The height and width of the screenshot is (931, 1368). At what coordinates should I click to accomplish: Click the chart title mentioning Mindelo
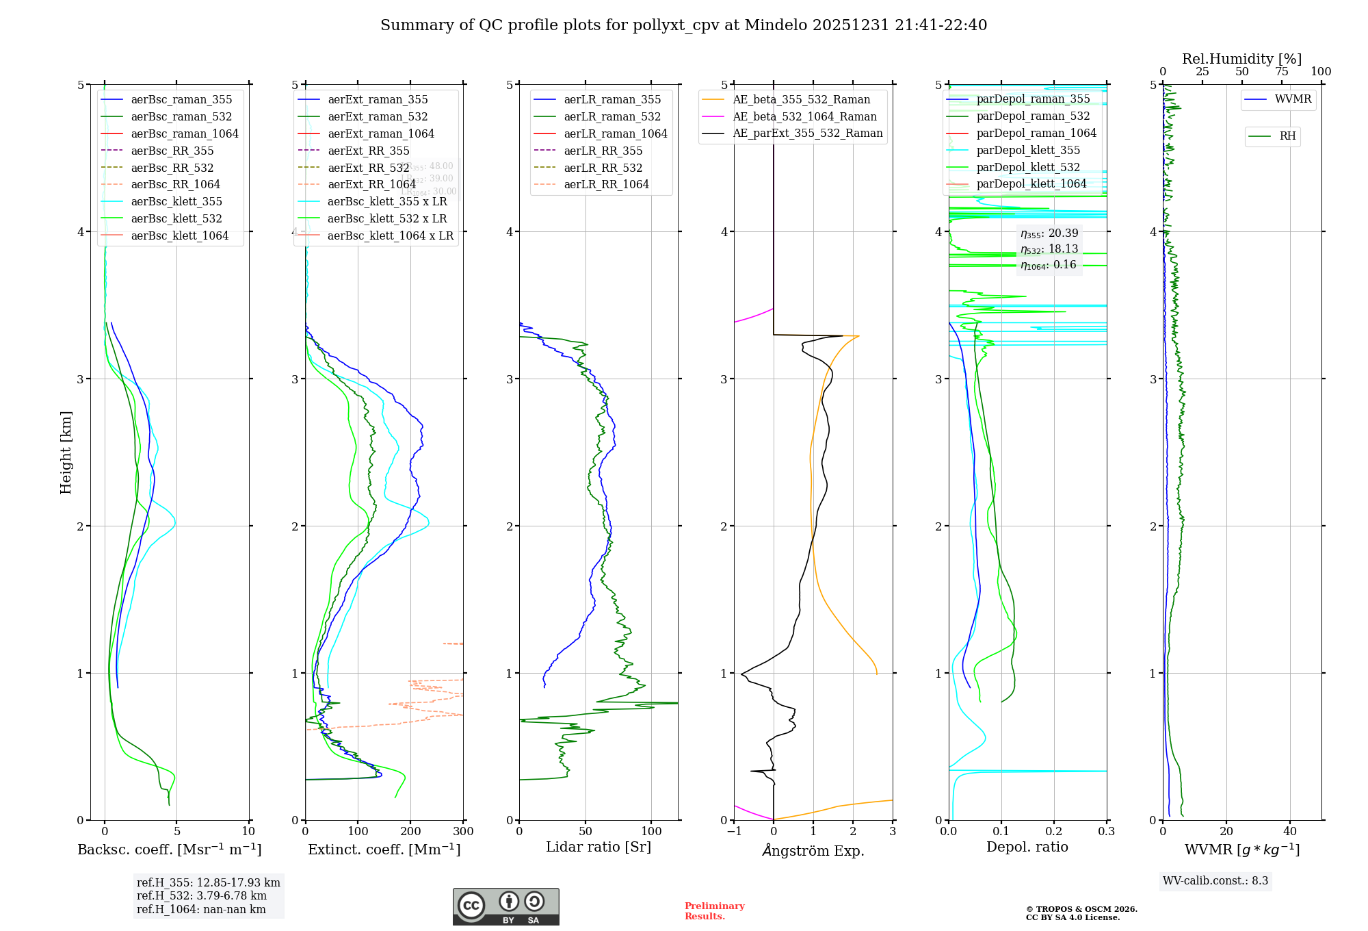[x=683, y=25]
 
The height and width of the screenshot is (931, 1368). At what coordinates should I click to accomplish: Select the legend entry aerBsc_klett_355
[x=176, y=201]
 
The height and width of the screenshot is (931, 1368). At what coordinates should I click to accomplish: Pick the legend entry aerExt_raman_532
[x=378, y=116]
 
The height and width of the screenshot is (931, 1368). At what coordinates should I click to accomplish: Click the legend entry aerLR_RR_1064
[x=606, y=184]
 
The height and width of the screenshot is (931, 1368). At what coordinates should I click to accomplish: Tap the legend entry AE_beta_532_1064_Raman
[x=804, y=116]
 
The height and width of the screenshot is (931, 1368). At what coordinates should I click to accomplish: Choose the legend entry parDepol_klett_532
[x=1028, y=167]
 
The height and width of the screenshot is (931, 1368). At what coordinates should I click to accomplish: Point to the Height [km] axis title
[x=66, y=452]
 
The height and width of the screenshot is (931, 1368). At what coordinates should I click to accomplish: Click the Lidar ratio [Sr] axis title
[x=598, y=847]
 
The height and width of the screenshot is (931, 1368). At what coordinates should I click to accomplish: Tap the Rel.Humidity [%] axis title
[x=1241, y=59]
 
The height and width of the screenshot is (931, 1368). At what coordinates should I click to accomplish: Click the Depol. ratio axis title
[x=1027, y=847]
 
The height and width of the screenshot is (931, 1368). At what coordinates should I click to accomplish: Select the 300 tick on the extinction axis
[x=463, y=832]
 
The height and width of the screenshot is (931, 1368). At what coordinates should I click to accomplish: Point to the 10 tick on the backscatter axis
[x=248, y=832]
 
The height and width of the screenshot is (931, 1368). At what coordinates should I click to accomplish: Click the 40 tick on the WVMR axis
[x=1290, y=832]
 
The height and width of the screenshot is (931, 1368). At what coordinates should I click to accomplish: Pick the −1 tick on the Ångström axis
[x=734, y=832]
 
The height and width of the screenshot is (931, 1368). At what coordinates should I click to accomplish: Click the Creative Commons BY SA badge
[x=505, y=907]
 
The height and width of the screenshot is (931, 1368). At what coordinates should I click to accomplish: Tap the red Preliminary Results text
[x=714, y=911]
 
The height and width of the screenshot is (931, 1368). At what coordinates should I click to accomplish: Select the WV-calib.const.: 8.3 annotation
[x=1215, y=881]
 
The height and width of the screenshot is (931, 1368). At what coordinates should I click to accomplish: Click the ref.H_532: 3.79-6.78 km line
[x=202, y=896]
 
